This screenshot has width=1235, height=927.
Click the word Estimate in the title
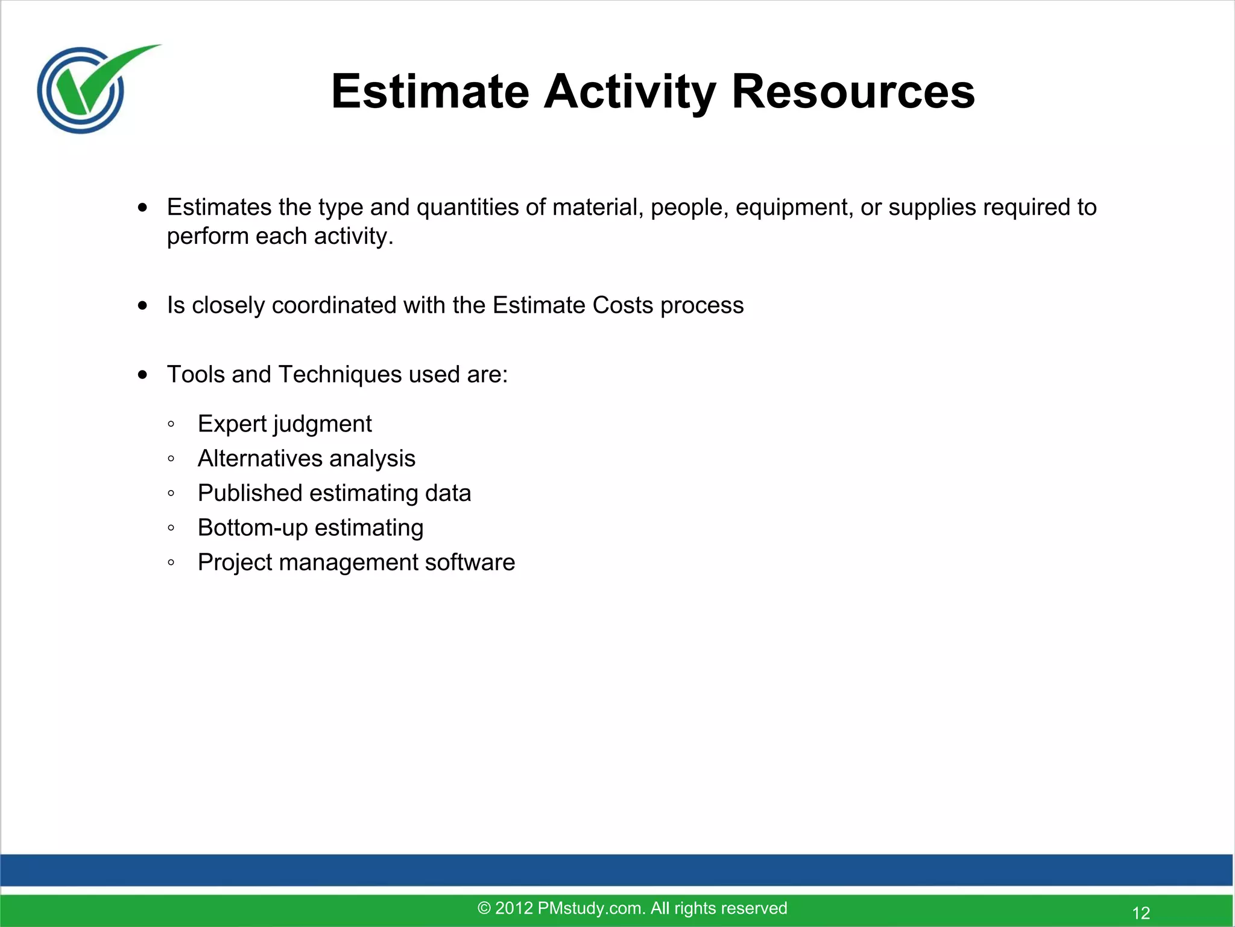pos(430,92)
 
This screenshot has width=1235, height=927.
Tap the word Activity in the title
pos(630,92)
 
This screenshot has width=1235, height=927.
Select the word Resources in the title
pos(853,92)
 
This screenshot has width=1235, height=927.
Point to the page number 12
pos(1141,913)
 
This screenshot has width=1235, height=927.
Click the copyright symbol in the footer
pos(484,908)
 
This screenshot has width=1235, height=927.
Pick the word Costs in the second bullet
pos(623,305)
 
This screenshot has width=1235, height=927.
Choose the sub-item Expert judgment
pos(285,424)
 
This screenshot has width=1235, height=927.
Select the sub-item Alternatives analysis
pos(306,459)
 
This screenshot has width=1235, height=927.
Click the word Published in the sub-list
pos(250,493)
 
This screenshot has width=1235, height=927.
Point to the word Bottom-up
pos(253,528)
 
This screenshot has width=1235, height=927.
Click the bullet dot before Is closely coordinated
pos(142,306)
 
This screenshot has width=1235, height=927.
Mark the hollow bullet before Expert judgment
pos(171,424)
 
